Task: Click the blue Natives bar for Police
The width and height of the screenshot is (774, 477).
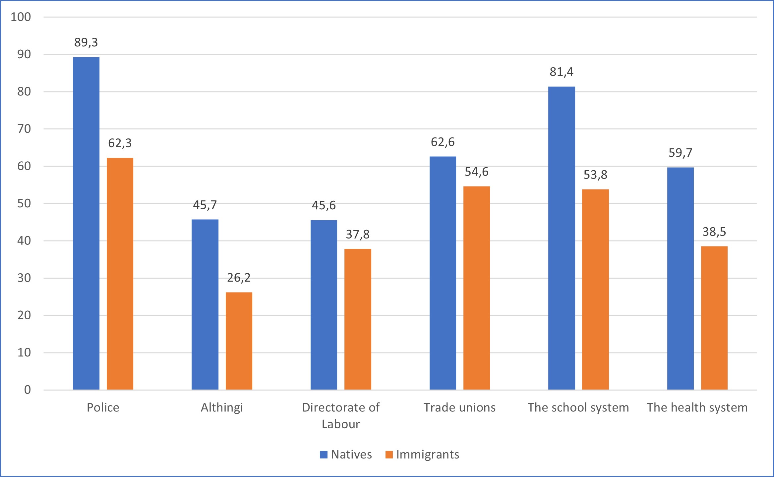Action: coord(86,224)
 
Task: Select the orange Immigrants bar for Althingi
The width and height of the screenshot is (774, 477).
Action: coord(239,341)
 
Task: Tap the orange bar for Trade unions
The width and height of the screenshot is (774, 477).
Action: coord(476,288)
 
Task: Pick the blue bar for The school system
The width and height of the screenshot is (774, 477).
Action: coord(562,238)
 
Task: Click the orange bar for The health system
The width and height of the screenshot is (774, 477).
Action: coord(714,318)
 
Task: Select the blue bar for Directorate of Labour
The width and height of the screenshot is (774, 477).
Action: coord(324,305)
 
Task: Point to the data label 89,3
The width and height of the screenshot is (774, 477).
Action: coord(86,42)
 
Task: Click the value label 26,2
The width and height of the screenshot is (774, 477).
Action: coord(239,278)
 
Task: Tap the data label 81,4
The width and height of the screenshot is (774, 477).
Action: coord(562,72)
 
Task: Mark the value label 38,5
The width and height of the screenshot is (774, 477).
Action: coord(714,232)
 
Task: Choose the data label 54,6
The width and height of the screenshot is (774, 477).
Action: coord(476,172)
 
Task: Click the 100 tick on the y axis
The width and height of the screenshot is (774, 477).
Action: coord(21,17)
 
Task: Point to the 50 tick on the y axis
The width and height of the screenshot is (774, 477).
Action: coord(24,203)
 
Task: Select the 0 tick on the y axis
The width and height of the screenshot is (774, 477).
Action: coord(28,390)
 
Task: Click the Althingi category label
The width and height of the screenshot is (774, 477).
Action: coord(222,407)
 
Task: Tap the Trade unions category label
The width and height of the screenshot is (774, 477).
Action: coord(459,407)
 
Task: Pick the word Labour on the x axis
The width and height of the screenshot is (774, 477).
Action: coord(341,424)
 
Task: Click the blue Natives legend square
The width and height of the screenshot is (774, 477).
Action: coord(324,454)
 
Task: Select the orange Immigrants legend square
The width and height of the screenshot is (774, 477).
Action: coord(389,454)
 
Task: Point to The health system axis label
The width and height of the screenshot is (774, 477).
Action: coord(697,407)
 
